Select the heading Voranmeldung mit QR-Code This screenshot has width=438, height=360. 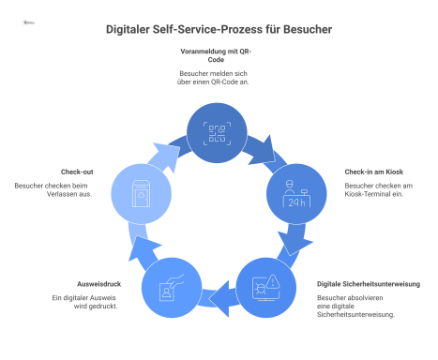[x=219, y=53]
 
